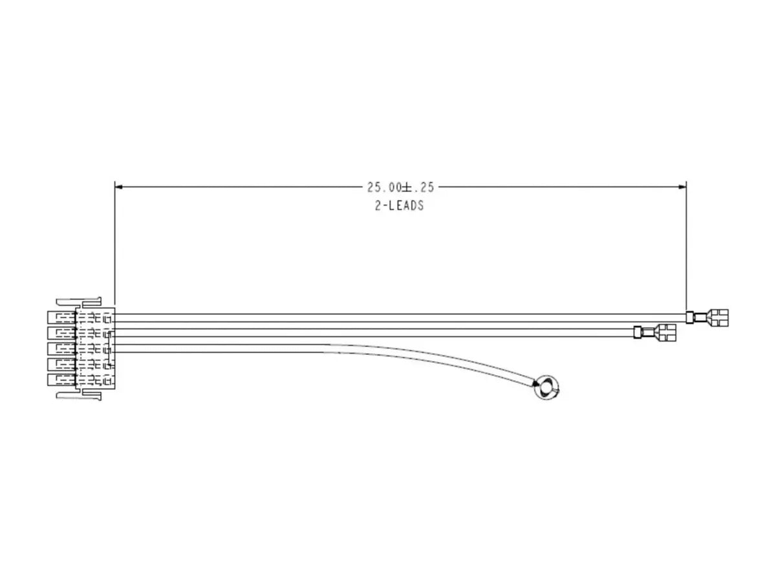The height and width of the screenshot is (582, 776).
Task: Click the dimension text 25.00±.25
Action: click(x=400, y=188)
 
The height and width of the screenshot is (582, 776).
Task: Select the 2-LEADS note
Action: click(x=399, y=206)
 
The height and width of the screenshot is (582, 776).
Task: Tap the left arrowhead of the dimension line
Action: click(x=118, y=187)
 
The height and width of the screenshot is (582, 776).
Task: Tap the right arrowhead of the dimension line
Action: click(x=682, y=187)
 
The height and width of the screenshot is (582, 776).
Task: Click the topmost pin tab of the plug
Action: click(x=61, y=317)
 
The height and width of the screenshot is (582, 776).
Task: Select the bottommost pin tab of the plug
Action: click(x=61, y=380)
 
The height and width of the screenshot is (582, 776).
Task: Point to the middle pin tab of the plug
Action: click(x=61, y=349)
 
